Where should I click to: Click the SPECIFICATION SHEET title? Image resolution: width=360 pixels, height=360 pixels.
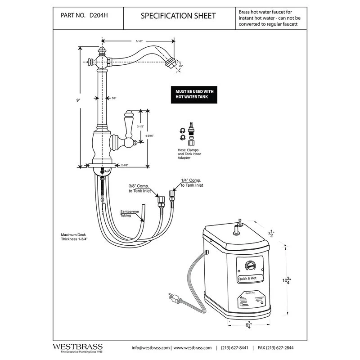point(178,16)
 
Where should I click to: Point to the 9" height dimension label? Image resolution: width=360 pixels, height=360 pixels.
point(77,100)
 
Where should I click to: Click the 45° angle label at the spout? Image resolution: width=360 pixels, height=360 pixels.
point(180,66)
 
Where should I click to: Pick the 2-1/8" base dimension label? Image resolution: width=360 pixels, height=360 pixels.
point(125,166)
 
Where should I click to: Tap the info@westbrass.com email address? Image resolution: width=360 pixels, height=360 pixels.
point(151,348)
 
